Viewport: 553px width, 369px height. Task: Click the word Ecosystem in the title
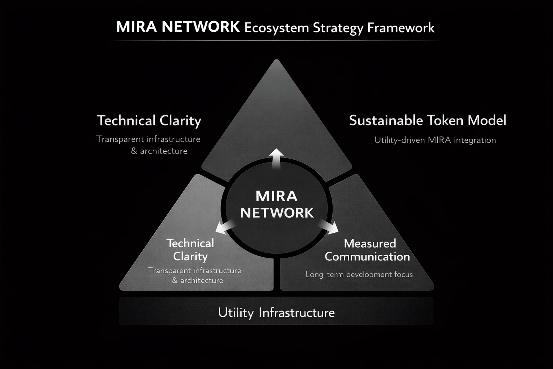[276, 28]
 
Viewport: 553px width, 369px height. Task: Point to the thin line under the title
[276, 40]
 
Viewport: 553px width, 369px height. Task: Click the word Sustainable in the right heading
[385, 120]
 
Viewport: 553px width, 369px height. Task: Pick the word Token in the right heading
[446, 120]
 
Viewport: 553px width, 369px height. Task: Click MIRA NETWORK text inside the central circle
[277, 204]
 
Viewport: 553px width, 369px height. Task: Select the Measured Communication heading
[368, 250]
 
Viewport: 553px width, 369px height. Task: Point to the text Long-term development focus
[359, 275]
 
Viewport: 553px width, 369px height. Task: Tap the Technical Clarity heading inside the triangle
[190, 250]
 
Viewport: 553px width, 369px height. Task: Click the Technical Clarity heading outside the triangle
[149, 121]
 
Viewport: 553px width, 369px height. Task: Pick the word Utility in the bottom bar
[236, 312]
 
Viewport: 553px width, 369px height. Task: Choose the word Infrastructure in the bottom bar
[297, 312]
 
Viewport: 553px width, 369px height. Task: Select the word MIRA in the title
[136, 27]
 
